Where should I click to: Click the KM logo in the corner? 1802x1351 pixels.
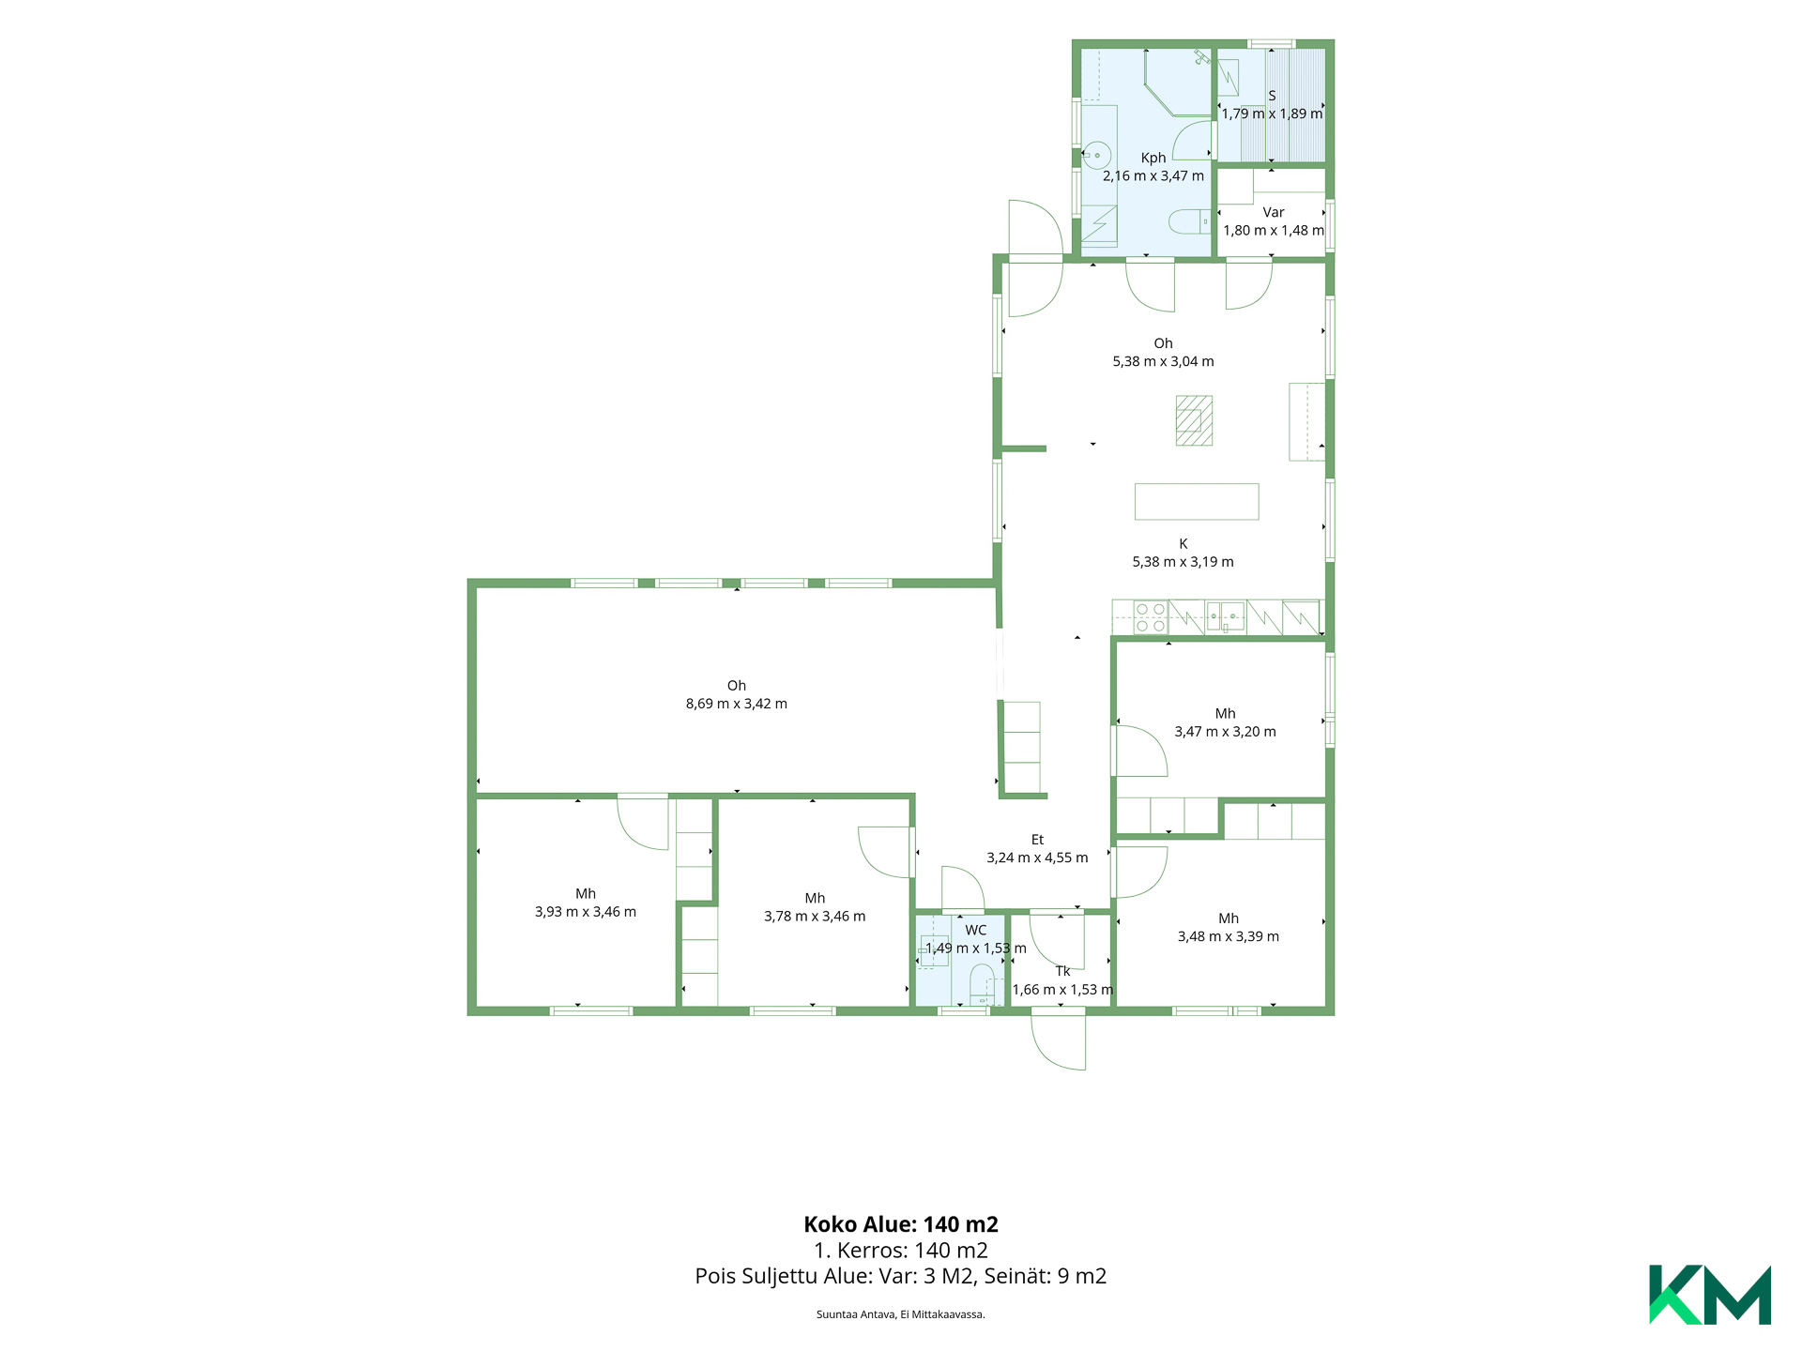(1709, 1295)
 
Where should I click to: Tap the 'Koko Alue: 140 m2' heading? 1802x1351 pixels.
(901, 1224)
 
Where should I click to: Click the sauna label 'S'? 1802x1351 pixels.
(1272, 96)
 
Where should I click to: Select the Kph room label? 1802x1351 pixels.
(1153, 158)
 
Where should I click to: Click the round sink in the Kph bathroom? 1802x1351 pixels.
(1096, 155)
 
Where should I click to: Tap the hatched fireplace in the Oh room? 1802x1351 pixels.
(1194, 420)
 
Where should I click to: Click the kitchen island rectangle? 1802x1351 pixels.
(1197, 501)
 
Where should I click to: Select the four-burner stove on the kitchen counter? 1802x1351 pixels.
(1151, 617)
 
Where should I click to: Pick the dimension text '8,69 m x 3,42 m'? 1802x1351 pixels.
(737, 704)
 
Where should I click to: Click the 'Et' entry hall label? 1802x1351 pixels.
(1037, 840)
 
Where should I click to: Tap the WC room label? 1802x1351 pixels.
(976, 931)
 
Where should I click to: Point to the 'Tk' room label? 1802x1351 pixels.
(1062, 972)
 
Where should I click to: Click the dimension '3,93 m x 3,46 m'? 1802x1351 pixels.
(586, 912)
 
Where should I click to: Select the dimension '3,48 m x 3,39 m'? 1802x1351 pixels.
(1229, 936)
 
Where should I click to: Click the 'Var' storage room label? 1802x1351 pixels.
(1274, 212)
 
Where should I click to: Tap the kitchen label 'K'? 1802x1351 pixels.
(1184, 544)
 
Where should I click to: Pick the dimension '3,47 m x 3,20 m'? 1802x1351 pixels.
(1226, 732)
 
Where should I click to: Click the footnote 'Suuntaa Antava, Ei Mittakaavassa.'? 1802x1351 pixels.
(901, 1314)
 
